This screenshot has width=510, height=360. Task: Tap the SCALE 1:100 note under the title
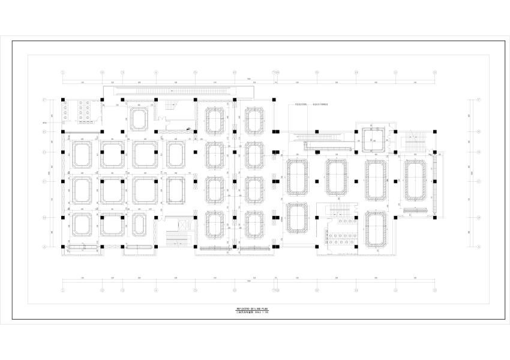264,312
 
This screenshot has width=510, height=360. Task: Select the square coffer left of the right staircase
371,140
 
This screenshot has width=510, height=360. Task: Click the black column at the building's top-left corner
63,98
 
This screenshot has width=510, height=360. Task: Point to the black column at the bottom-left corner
63,247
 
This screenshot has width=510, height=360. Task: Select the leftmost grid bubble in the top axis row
63,72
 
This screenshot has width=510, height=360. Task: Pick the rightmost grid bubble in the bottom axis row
434,289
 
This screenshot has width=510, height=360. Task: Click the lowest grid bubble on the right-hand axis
479,247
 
